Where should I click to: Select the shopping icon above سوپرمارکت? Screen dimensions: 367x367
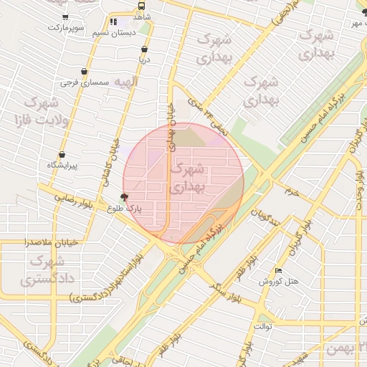click(66, 16)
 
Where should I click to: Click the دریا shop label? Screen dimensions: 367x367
click(144, 61)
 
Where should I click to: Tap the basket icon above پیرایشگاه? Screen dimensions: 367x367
click(62, 154)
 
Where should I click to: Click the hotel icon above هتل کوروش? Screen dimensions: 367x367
click(278, 270)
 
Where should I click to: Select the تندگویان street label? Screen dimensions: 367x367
click(261, 216)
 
